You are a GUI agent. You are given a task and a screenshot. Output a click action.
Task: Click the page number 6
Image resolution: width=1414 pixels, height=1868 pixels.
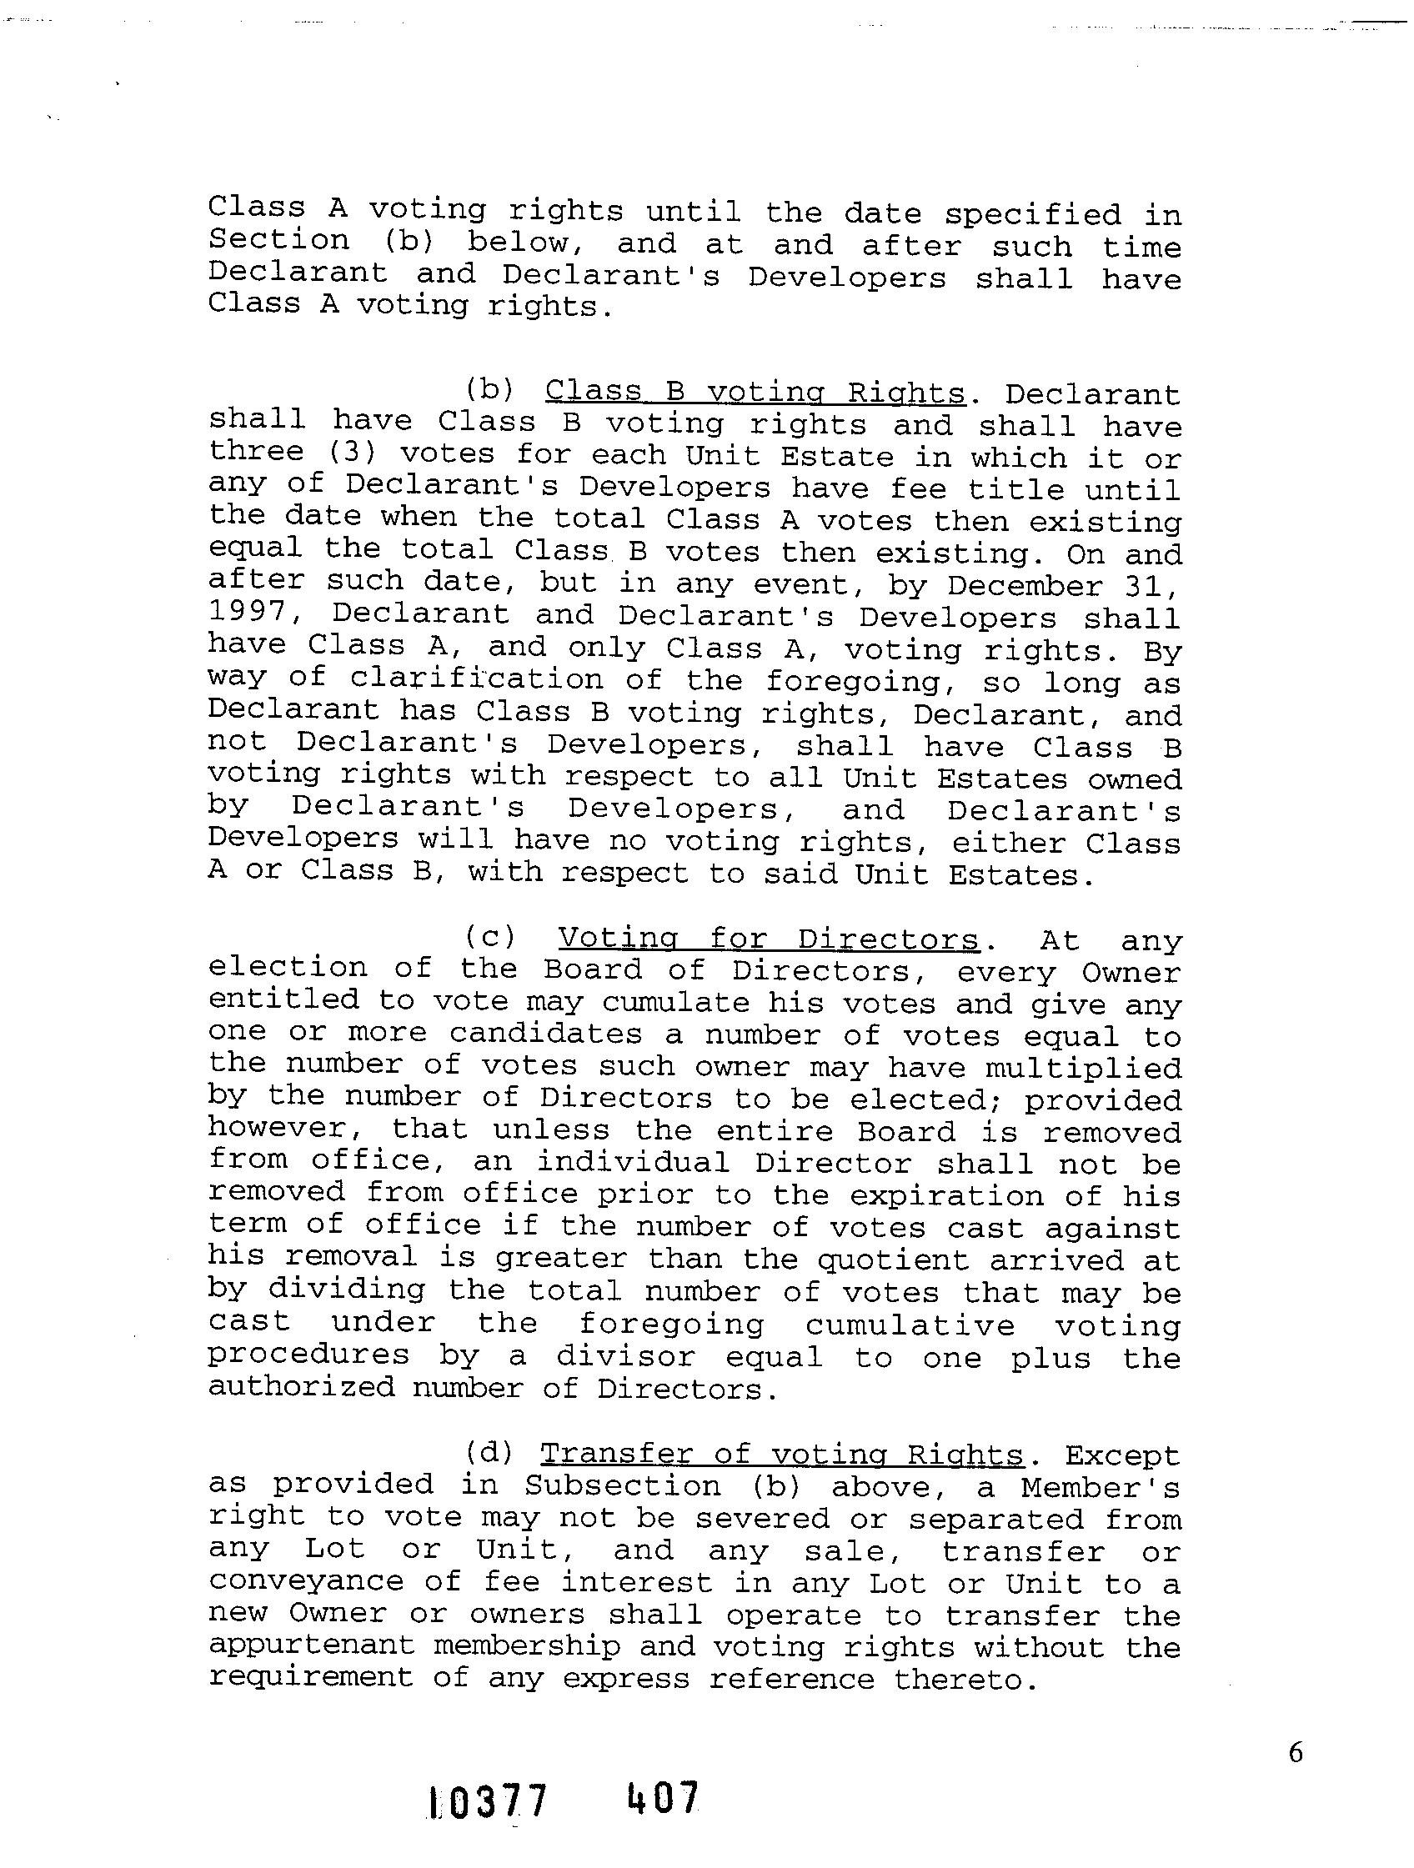(x=1296, y=1753)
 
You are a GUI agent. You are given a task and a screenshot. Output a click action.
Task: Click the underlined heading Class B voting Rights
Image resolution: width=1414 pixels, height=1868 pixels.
(x=755, y=393)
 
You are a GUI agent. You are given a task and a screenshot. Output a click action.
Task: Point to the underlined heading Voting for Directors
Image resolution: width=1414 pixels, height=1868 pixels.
(x=768, y=939)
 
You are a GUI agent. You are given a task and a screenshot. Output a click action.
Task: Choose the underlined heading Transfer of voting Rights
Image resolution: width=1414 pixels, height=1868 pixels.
(x=781, y=1454)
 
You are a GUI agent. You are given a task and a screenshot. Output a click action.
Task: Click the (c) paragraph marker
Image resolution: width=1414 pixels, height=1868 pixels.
(x=490, y=939)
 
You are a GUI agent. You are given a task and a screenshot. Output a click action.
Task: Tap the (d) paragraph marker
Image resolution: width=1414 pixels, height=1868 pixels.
(x=490, y=1453)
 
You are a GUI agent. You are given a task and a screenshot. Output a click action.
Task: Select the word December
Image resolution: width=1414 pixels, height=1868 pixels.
(x=1025, y=586)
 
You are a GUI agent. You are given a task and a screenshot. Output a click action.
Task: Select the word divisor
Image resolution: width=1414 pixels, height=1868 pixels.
(x=625, y=1357)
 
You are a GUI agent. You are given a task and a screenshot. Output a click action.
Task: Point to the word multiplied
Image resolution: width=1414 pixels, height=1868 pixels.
(x=1083, y=1069)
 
